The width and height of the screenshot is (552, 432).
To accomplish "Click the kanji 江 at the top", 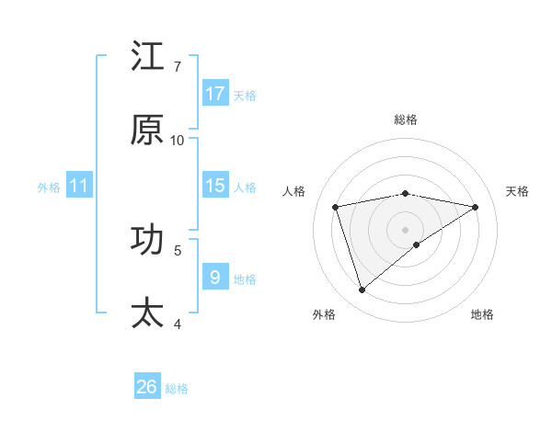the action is point(147,57).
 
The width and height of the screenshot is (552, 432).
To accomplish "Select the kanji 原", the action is point(147,131).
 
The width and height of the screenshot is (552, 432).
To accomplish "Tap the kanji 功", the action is point(147,240).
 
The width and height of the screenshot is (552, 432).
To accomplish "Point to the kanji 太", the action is point(147,313).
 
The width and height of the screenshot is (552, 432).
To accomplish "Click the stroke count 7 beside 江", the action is point(178,66).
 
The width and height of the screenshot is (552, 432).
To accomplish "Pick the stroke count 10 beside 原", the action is point(178,140).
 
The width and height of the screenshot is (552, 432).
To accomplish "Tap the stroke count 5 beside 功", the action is point(178,249).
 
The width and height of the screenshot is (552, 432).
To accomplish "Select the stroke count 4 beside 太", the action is point(178,323).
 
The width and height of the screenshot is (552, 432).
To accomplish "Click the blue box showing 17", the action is point(215,94).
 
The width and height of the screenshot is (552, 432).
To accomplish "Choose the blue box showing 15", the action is point(215,186).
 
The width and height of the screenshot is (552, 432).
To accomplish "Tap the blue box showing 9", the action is point(215,278).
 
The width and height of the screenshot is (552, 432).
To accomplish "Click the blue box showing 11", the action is point(79,186).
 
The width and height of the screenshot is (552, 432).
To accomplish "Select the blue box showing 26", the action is point(147,387).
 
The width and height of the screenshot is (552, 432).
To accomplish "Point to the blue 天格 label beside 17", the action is point(245,95).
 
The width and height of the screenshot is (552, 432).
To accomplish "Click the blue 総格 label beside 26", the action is point(177,388).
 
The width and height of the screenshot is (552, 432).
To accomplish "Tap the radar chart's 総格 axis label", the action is point(406,119).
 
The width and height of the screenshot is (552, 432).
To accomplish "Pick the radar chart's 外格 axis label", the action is point(324,314).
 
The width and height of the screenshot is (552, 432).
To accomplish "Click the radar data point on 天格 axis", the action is point(476,207).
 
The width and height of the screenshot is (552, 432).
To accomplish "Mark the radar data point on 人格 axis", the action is point(336,207).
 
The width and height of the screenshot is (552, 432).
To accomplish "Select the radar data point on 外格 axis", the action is point(362,290).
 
